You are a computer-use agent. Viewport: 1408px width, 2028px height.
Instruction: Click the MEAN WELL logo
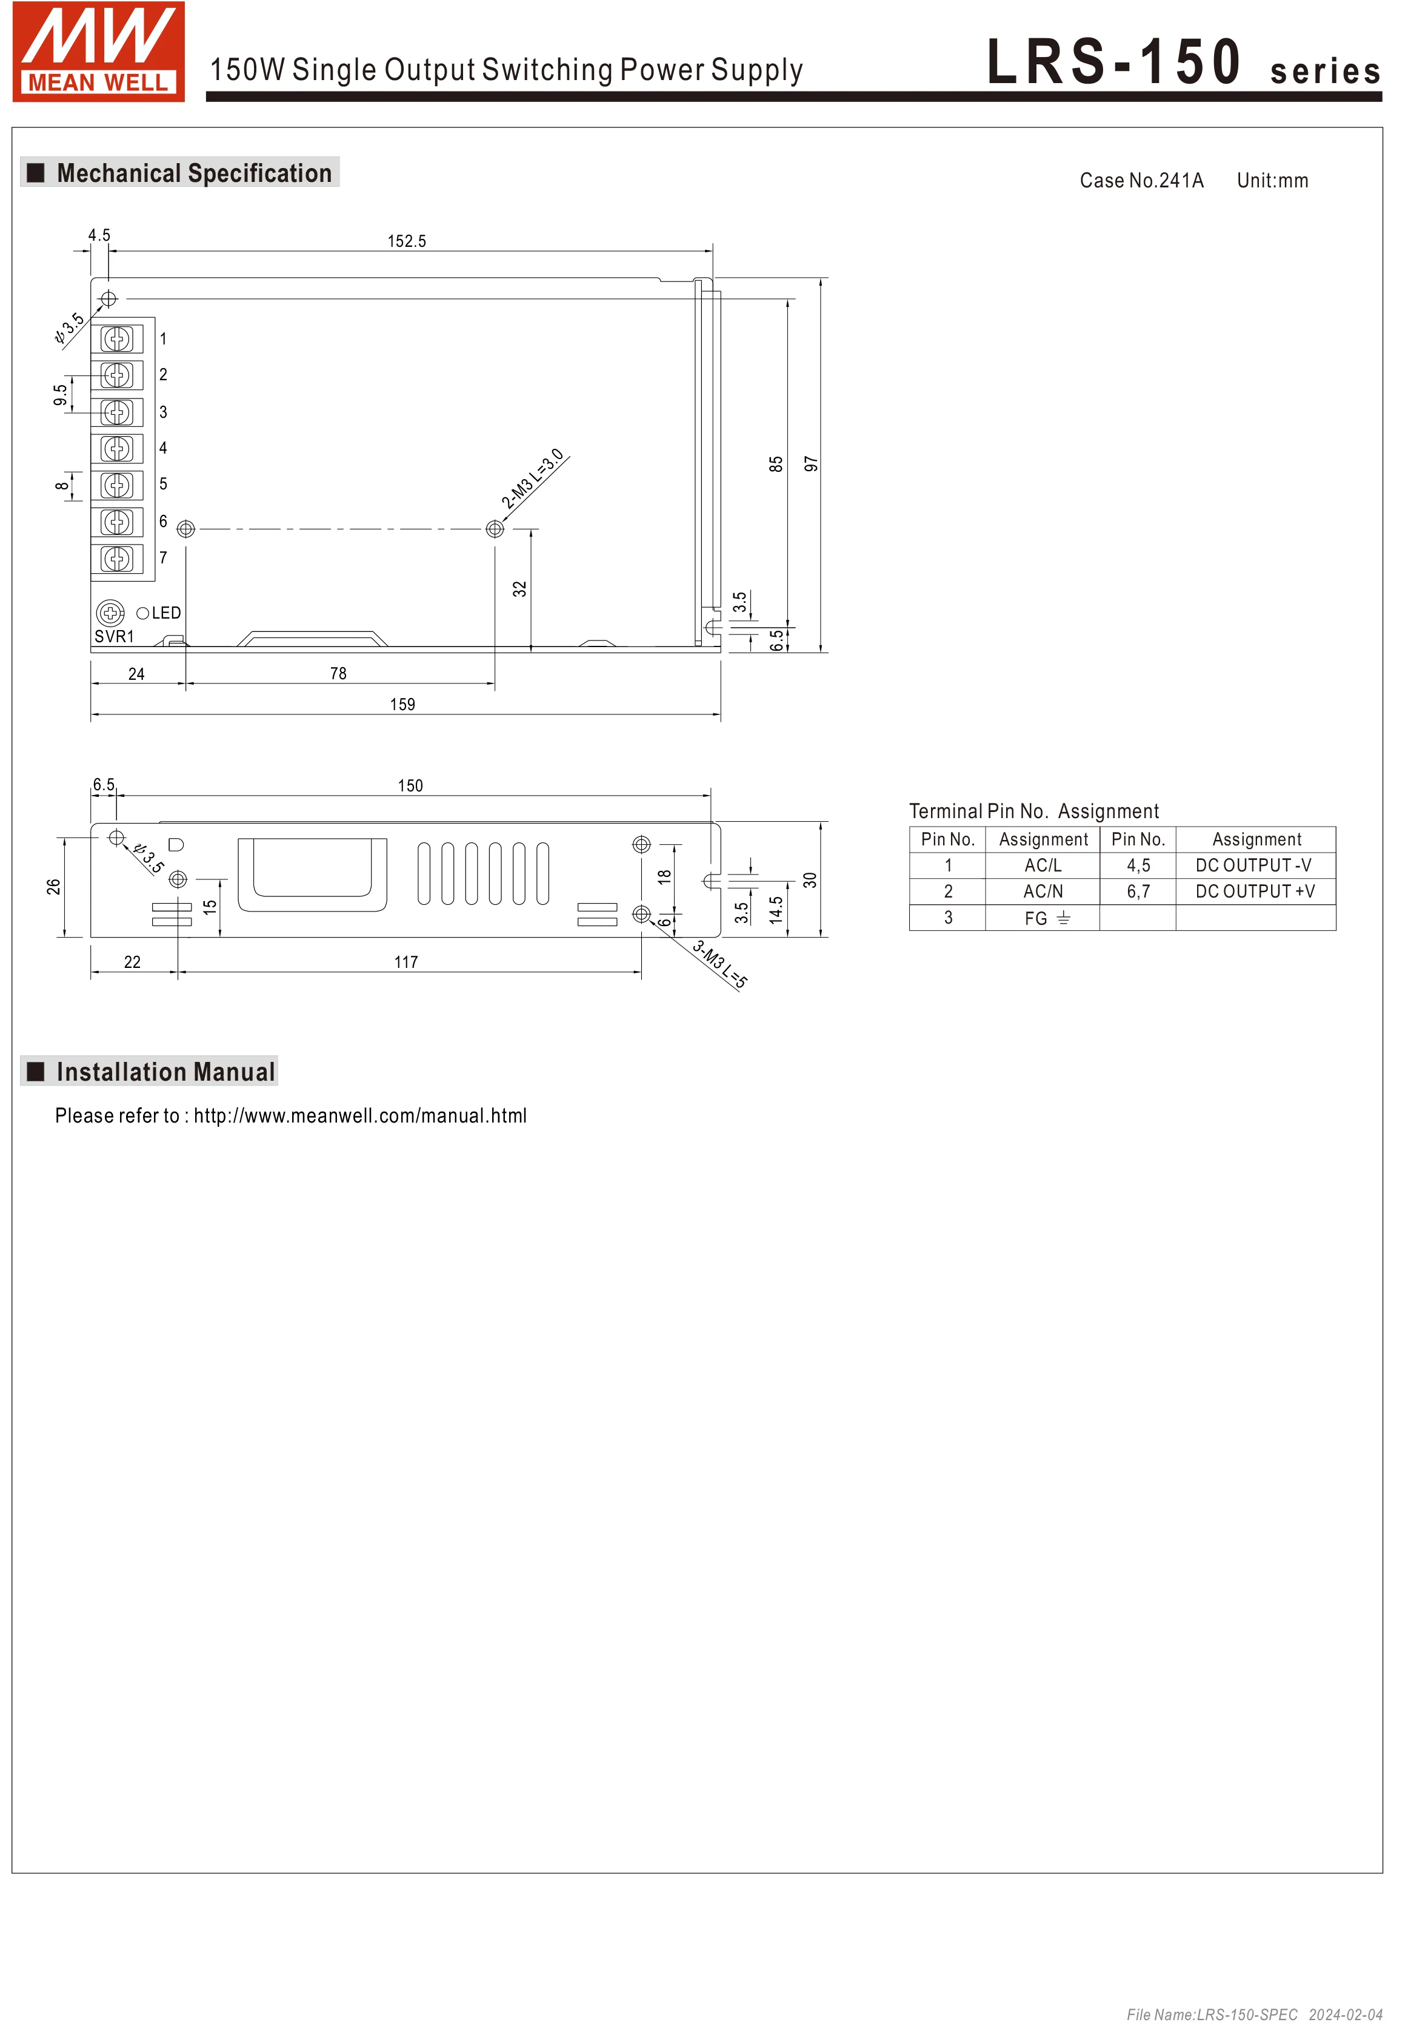click(98, 51)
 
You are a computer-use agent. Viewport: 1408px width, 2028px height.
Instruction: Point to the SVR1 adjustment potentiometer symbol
click(110, 613)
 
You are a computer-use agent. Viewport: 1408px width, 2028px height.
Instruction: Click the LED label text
click(166, 613)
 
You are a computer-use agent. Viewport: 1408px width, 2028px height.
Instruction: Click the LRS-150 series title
click(1182, 64)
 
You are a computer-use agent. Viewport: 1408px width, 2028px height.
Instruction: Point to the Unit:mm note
click(1272, 181)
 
